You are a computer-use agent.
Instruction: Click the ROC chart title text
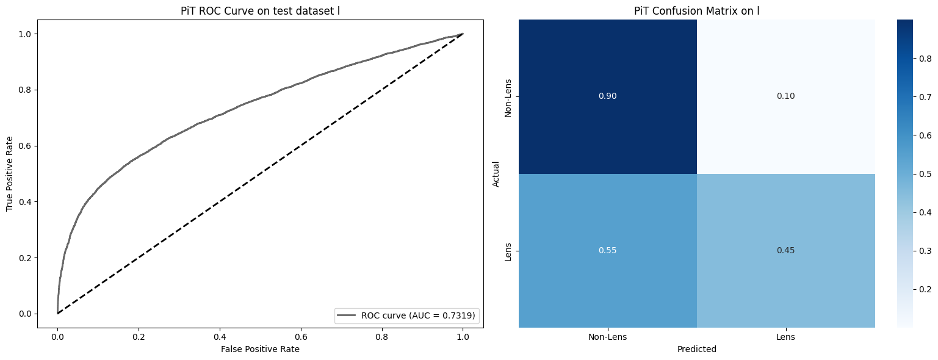(260, 11)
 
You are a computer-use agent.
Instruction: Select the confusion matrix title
(697, 11)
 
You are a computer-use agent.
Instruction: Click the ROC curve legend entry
(406, 315)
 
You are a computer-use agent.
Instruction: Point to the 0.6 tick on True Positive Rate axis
(24, 146)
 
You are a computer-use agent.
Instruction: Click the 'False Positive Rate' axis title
(260, 349)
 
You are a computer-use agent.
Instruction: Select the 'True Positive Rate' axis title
(10, 174)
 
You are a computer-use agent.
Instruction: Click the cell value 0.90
(608, 96)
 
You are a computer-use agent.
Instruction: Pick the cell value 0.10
(785, 96)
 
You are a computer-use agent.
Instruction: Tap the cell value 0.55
(608, 250)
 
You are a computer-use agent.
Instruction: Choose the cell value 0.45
(785, 250)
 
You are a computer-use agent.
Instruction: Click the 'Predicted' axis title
(697, 349)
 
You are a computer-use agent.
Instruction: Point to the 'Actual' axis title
(496, 174)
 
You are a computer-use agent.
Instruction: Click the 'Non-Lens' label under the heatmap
(608, 337)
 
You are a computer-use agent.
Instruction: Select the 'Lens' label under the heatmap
(785, 337)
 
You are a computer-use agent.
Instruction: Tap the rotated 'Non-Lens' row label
(508, 98)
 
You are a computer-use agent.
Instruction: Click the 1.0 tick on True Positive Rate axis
(24, 34)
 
